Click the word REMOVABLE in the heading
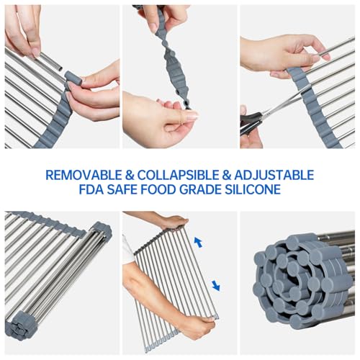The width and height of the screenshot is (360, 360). [84, 175]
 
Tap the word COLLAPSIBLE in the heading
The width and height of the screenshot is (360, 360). [178, 175]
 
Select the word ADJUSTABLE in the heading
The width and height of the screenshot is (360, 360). [274, 175]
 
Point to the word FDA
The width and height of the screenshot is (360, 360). [91, 189]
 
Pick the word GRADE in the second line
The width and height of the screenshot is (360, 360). [200, 189]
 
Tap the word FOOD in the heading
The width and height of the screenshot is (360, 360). [158, 189]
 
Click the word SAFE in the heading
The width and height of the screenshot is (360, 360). [122, 189]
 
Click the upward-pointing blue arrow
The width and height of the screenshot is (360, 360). [198, 242]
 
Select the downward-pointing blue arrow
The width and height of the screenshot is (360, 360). [216, 286]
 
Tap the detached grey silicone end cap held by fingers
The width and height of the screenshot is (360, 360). [73, 78]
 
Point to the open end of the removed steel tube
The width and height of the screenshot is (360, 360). [60, 68]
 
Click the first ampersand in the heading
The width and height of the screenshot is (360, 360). [130, 175]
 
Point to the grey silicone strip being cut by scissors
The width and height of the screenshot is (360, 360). [312, 107]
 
